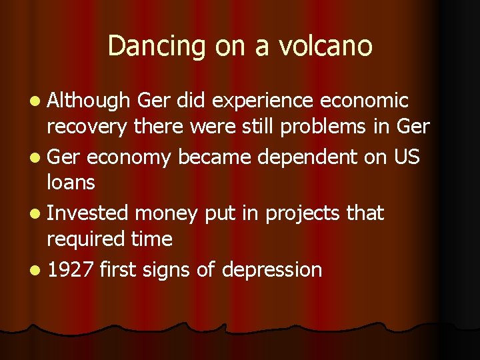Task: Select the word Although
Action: [x=89, y=101]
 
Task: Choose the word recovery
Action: [x=87, y=127]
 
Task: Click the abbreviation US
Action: [x=407, y=157]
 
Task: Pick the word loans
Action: [x=71, y=182]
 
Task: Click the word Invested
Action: [x=88, y=213]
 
